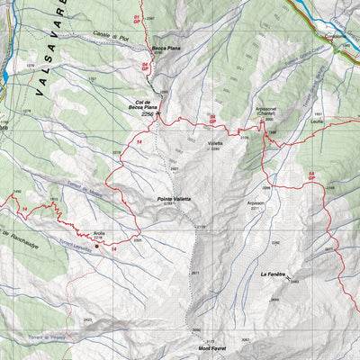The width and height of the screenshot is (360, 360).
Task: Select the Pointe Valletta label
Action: coord(167,200)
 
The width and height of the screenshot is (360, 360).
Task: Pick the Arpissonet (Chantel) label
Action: coord(271,111)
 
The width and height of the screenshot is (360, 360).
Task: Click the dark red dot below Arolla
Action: coord(98,246)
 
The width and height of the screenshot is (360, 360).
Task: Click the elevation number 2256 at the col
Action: coord(148,115)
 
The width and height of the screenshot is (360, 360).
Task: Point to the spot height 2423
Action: coord(87,319)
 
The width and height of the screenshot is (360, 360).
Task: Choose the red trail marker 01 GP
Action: coord(138,18)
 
